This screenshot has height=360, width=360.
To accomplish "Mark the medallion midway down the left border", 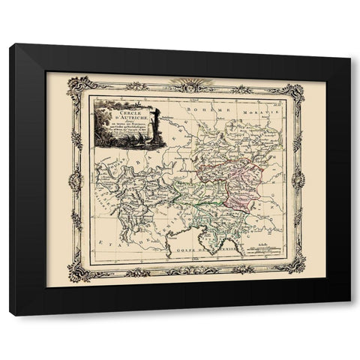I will click(x=75, y=180).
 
